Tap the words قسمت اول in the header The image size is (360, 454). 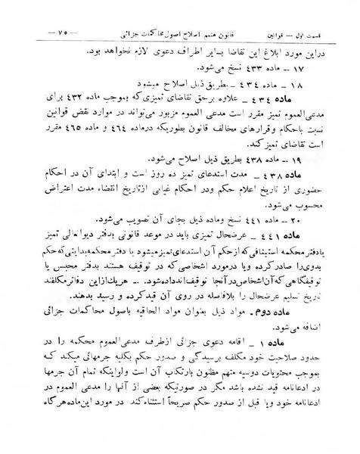pyautogui.click(x=331, y=33)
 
